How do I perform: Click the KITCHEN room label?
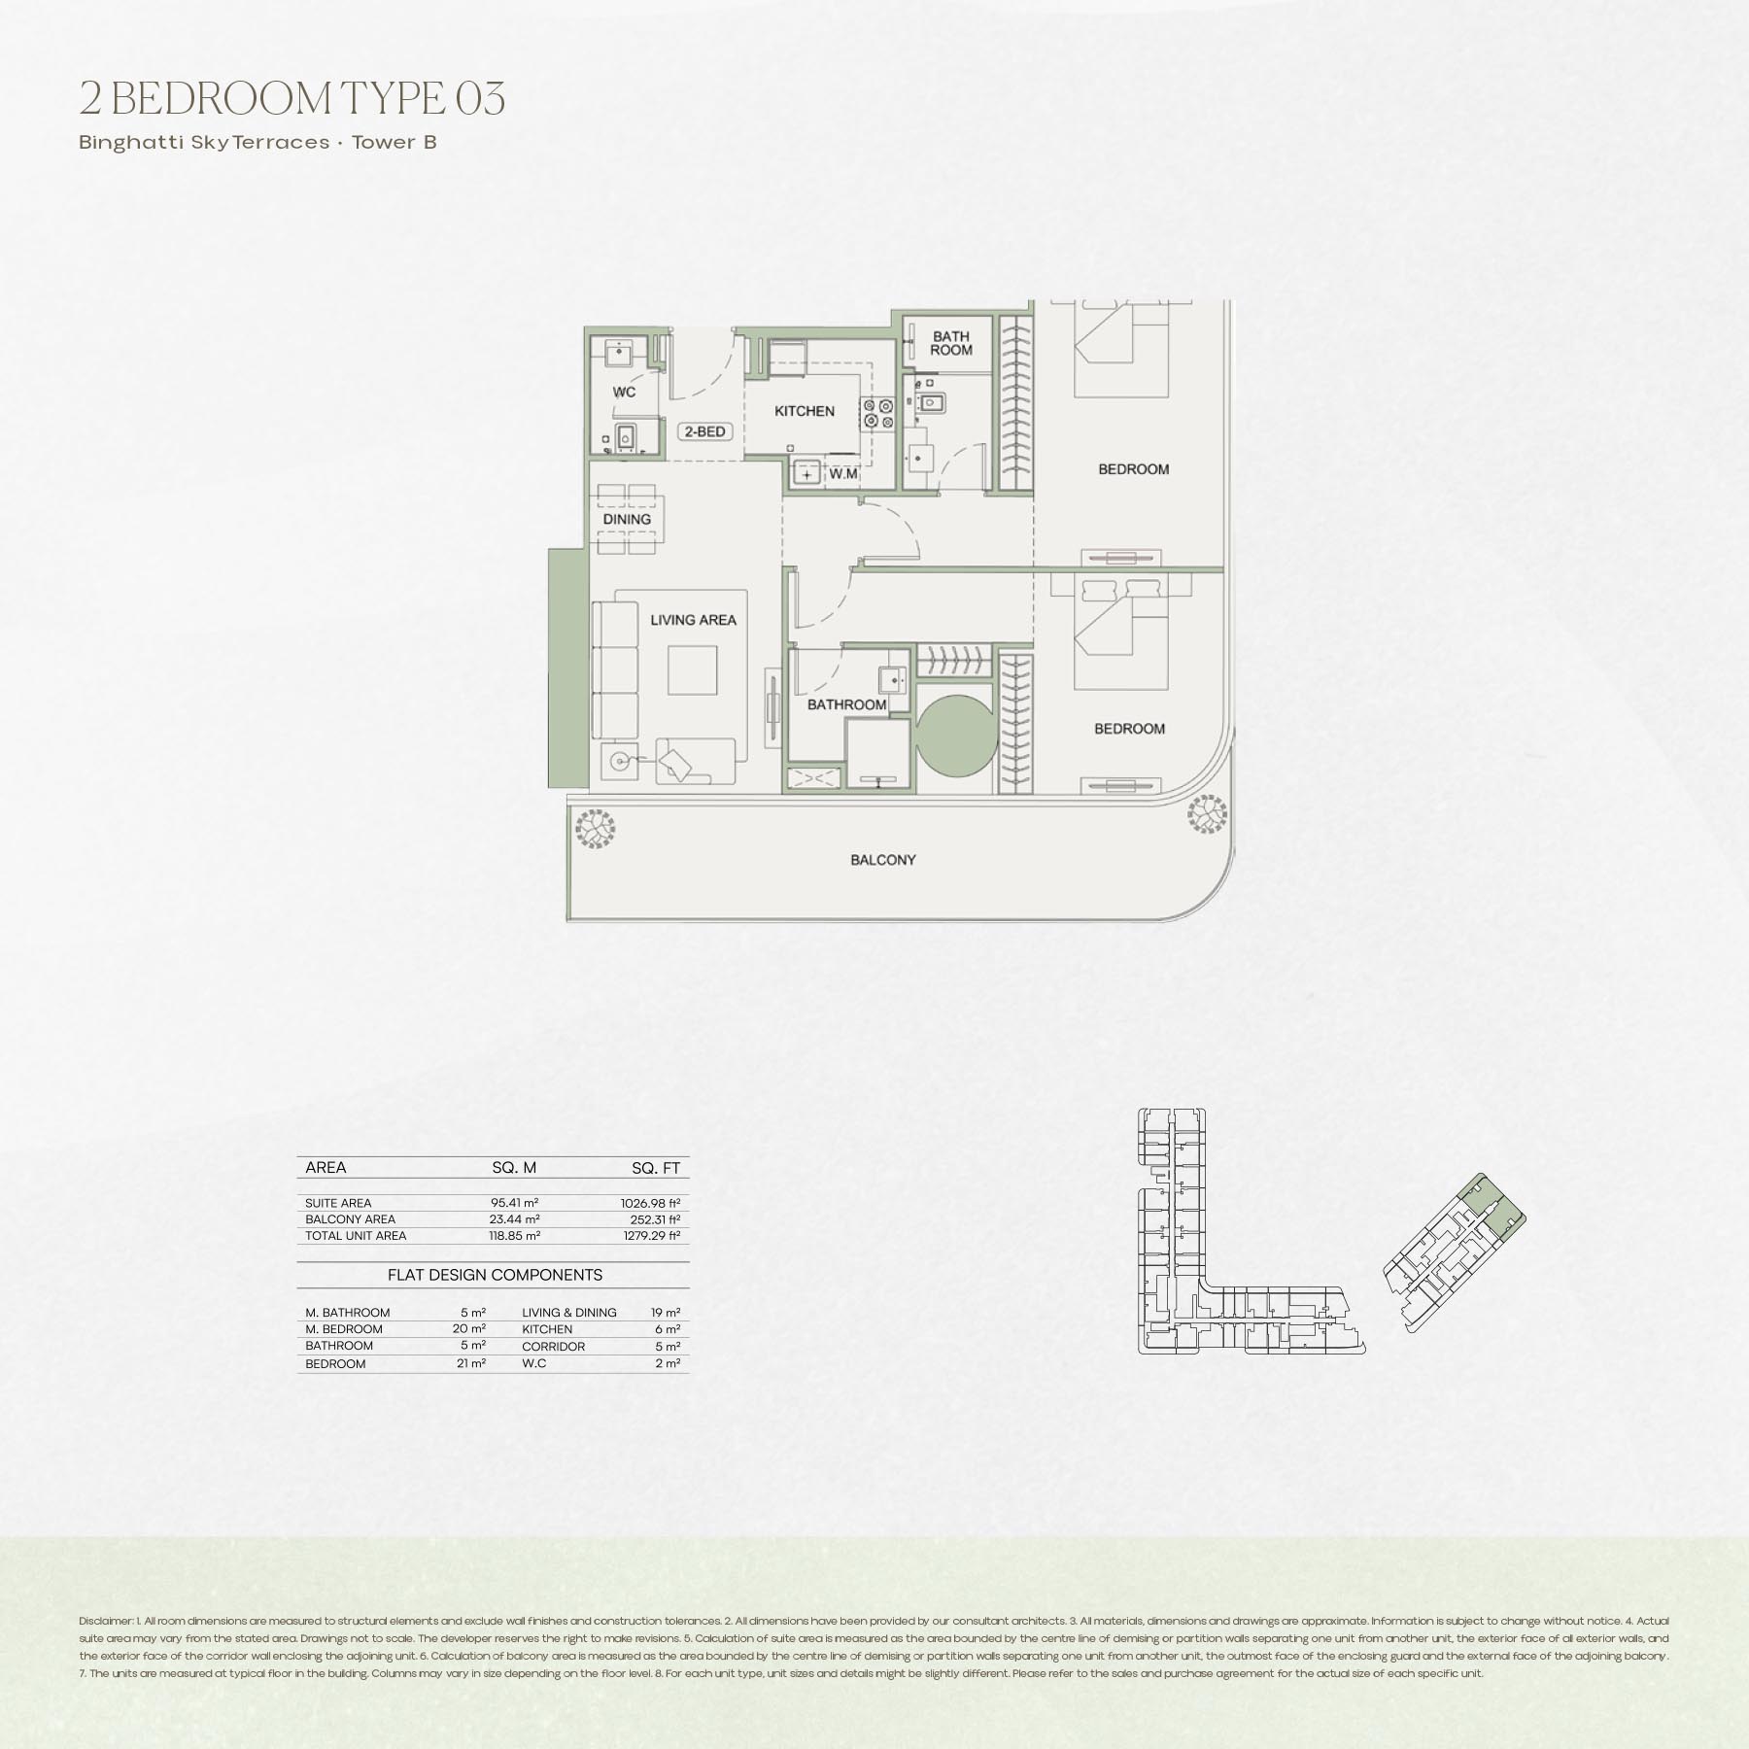coord(805,411)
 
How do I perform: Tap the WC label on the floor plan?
coord(624,392)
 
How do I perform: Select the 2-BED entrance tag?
coord(704,431)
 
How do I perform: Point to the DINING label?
coord(627,519)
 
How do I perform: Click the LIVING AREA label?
coord(693,620)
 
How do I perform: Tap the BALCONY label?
coord(883,860)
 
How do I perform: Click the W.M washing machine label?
coord(843,474)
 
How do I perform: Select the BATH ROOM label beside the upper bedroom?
coord(950,343)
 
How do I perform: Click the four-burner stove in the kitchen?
coord(878,413)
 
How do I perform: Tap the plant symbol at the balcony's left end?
coord(595,830)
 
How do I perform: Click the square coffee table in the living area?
coord(692,670)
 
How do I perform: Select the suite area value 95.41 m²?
coord(515,1203)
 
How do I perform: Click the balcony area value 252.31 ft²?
coord(655,1219)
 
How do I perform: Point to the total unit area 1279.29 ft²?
coord(652,1236)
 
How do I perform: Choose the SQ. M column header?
coord(514,1168)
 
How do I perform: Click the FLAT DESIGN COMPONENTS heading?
coord(495,1275)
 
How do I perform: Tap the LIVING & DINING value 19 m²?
coord(666,1313)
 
